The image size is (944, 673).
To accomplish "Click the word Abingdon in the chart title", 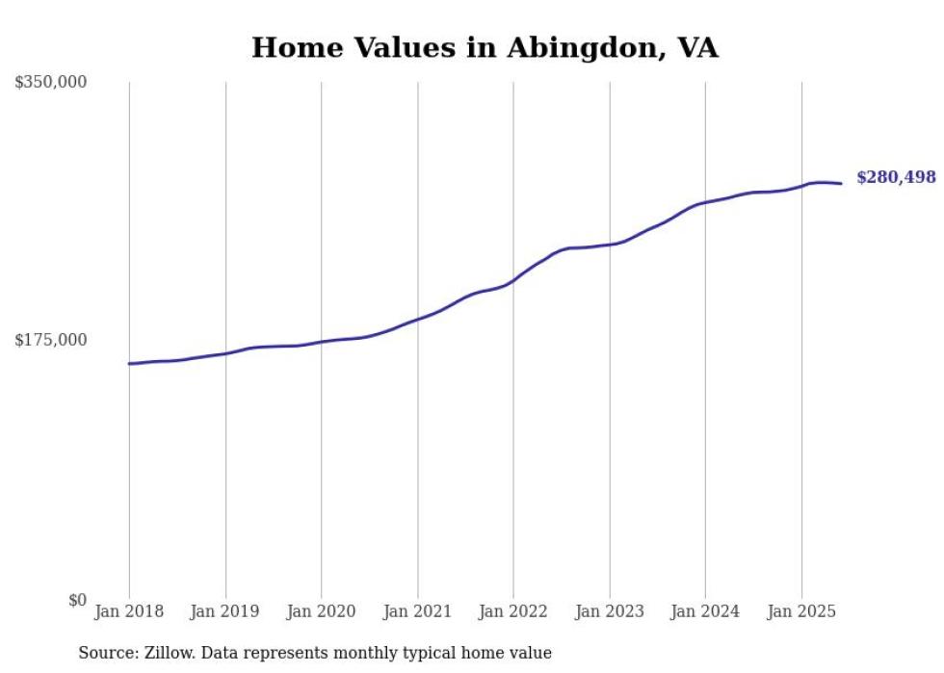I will click(x=563, y=48).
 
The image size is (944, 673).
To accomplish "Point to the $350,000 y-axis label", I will click(x=51, y=83).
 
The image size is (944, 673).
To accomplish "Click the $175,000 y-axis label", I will click(x=51, y=340).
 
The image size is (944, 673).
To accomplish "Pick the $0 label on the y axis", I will click(x=77, y=600).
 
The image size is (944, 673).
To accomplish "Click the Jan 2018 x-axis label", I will click(x=129, y=611).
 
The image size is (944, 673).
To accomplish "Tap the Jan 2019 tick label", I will click(x=225, y=611).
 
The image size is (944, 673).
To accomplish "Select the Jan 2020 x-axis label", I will click(x=321, y=611).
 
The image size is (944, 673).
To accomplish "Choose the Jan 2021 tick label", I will click(x=417, y=611).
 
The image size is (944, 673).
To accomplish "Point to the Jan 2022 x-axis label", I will click(x=513, y=611).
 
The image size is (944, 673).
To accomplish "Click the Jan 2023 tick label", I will click(x=609, y=611).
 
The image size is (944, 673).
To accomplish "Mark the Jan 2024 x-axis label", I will click(x=705, y=611).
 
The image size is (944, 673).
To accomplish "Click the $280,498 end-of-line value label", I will click(x=895, y=177).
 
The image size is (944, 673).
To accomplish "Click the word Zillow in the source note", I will click(x=163, y=654).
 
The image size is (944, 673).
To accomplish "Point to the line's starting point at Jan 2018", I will click(x=129, y=364).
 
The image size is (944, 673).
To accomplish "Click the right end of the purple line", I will click(x=841, y=184).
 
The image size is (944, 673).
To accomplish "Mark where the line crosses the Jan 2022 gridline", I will click(x=513, y=281).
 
